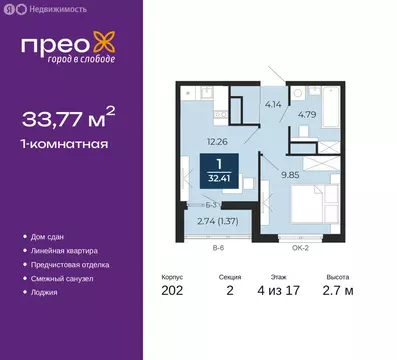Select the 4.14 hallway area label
271,103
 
